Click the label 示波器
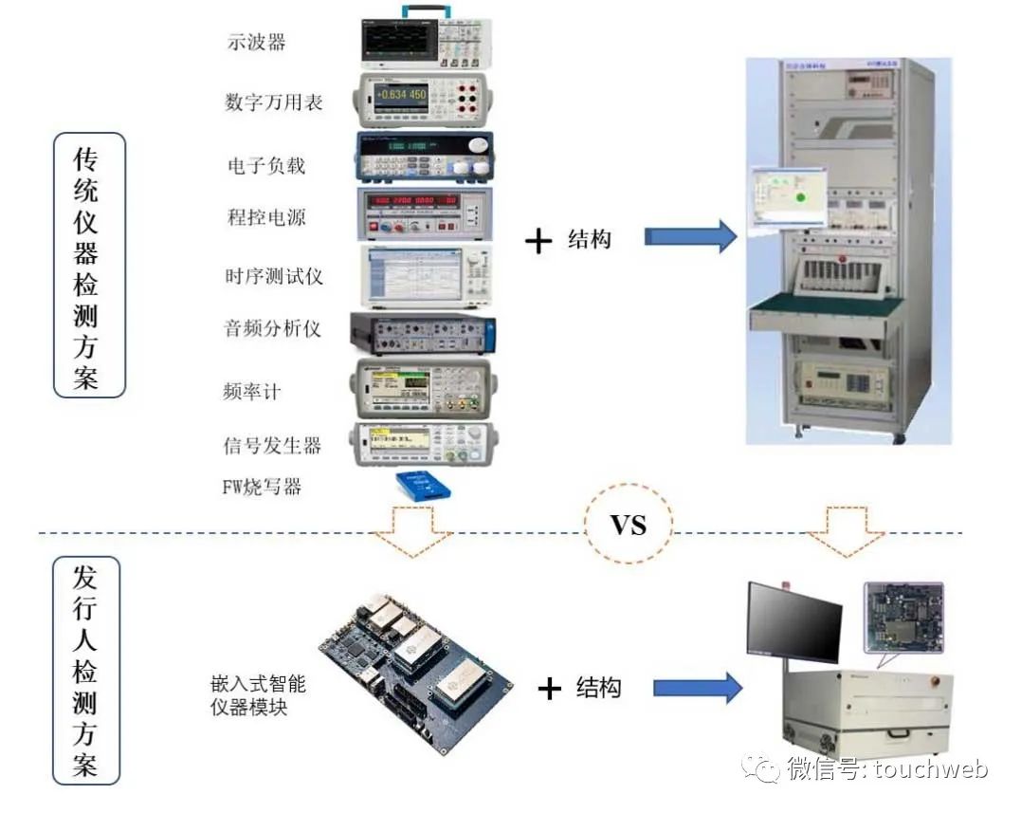(256, 42)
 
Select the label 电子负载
(266, 165)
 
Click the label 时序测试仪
(273, 276)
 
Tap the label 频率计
(251, 391)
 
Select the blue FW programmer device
(423, 486)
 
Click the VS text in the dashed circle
(629, 525)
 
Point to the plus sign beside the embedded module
(550, 688)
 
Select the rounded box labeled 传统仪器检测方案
(87, 265)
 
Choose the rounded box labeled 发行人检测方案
(86, 670)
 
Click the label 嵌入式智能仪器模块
(257, 694)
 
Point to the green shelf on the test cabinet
(825, 306)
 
